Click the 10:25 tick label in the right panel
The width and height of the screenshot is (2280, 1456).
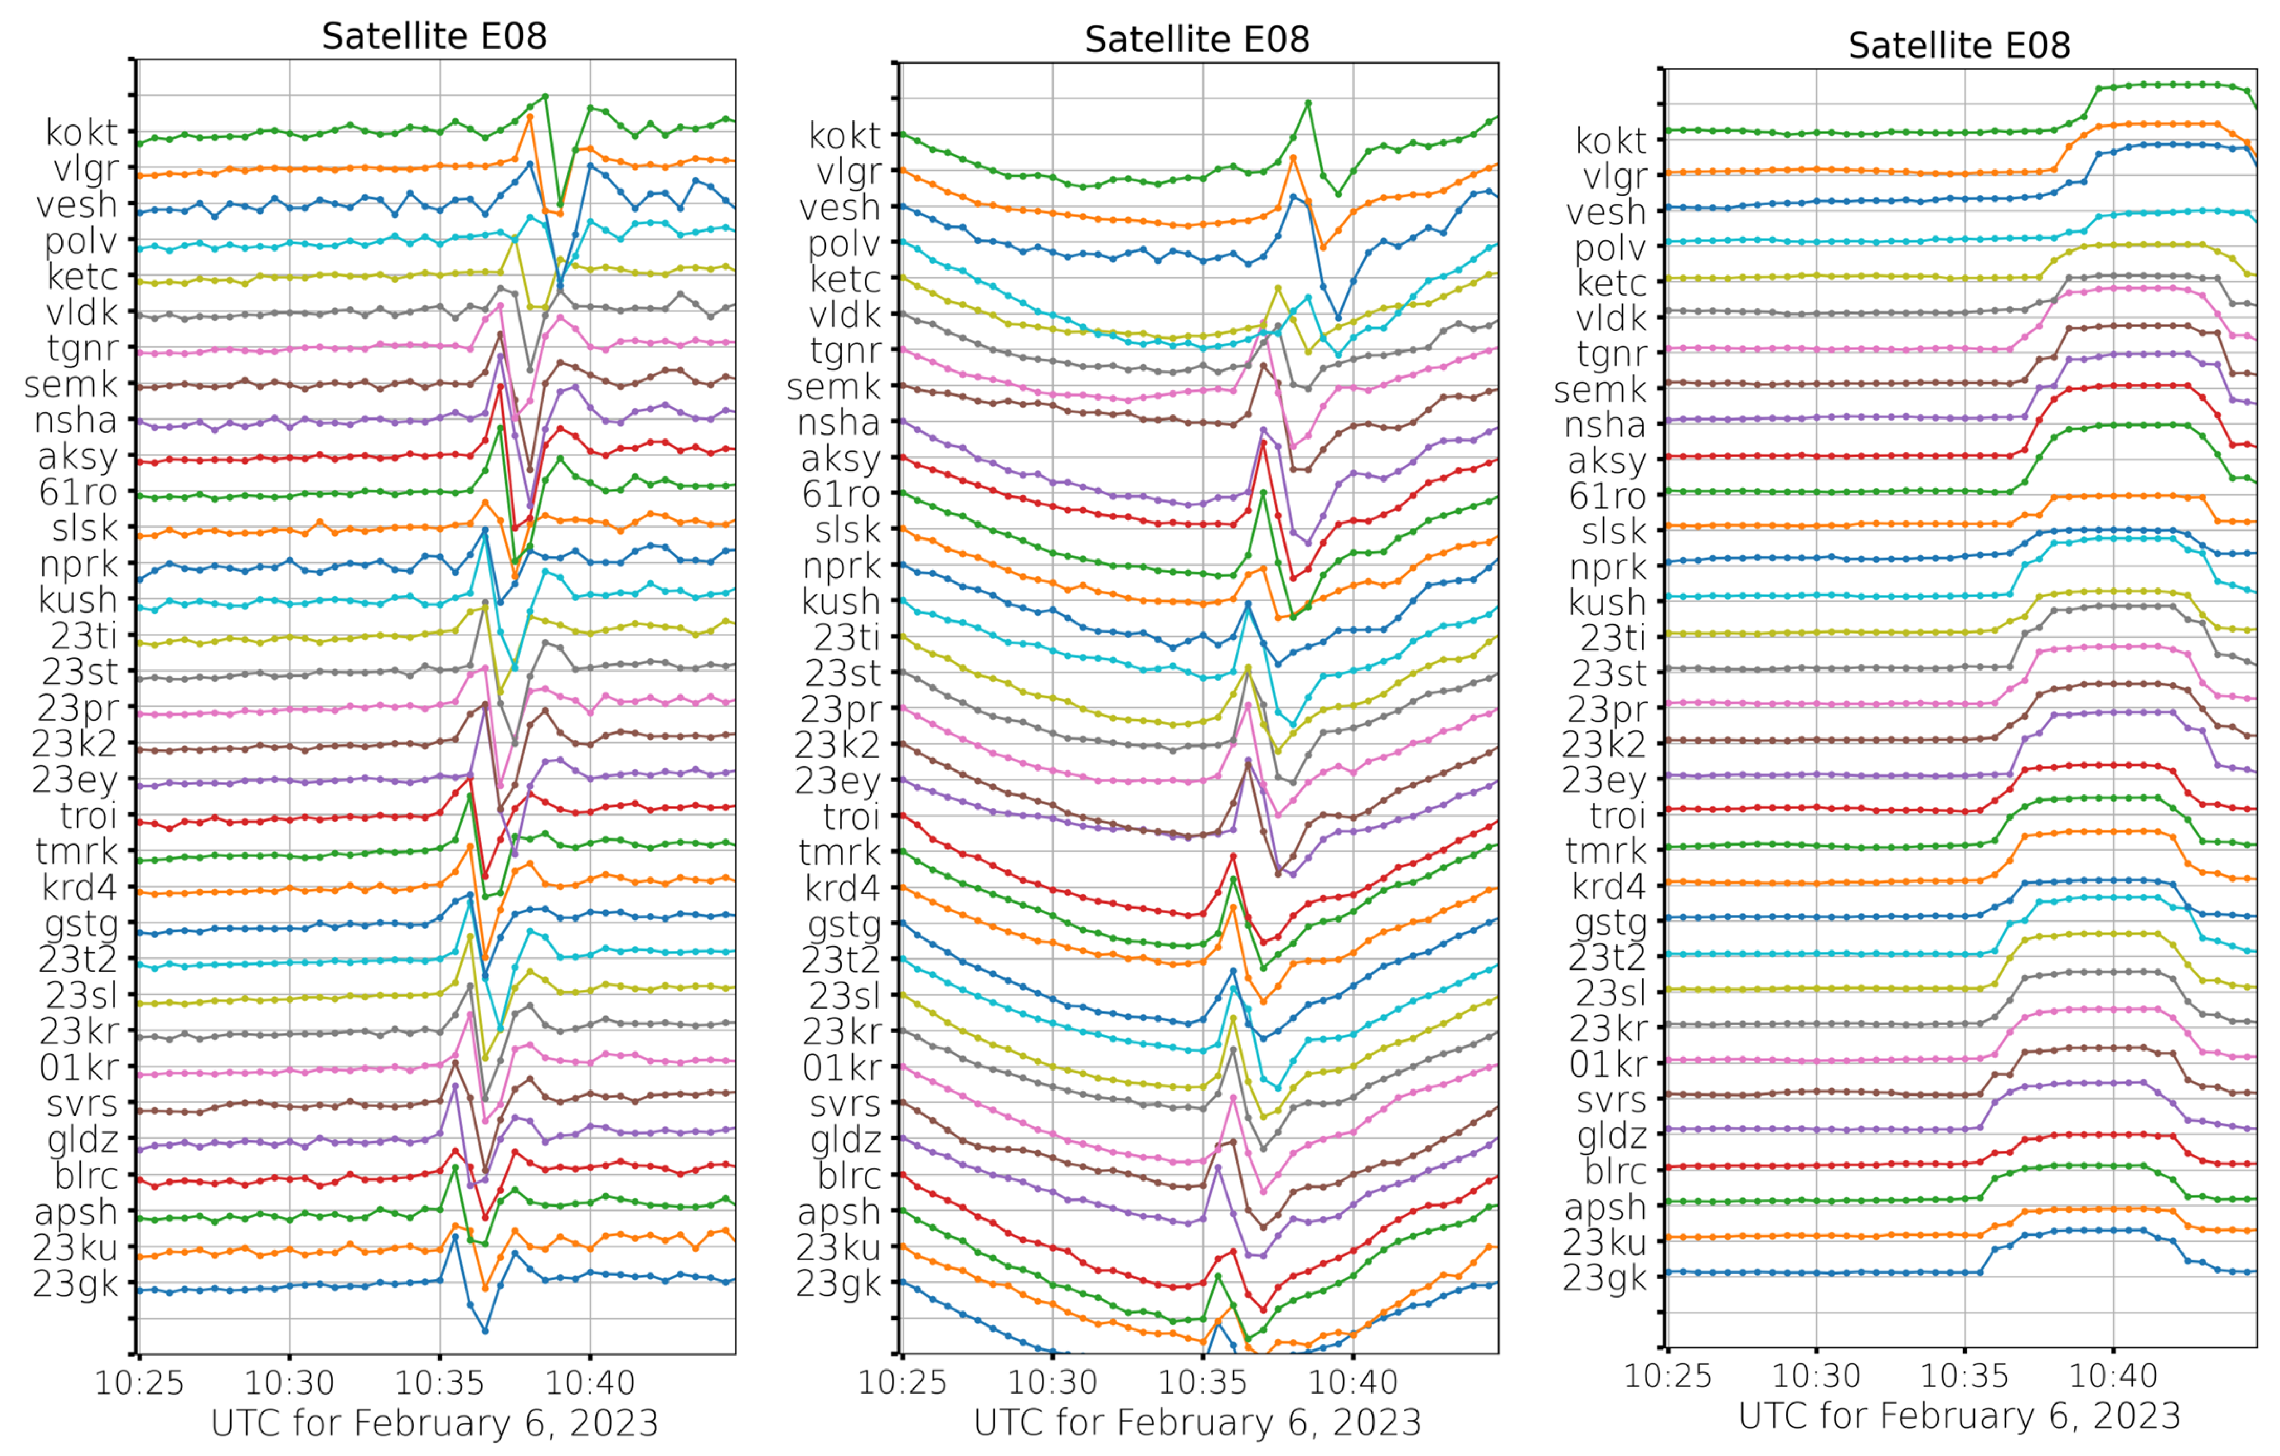coord(1667,1376)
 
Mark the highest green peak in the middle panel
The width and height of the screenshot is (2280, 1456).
coord(1308,102)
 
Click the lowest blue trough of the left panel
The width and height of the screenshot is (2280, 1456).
coord(485,1331)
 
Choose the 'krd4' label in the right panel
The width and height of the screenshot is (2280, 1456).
coord(1609,886)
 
